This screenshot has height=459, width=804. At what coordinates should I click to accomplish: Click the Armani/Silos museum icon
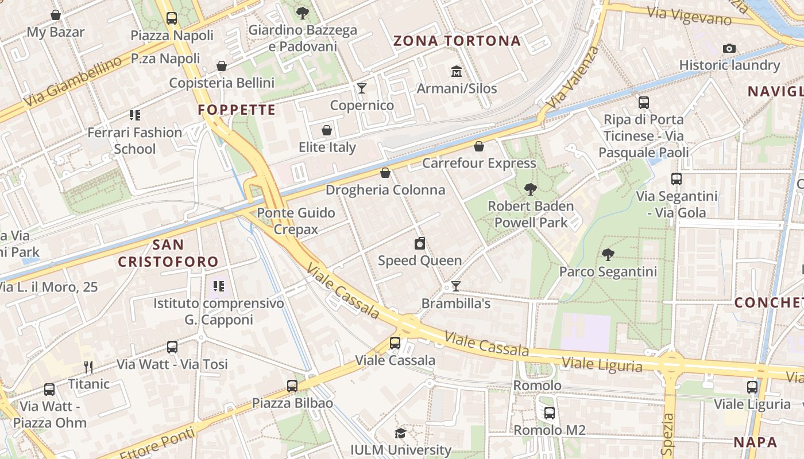tap(457, 72)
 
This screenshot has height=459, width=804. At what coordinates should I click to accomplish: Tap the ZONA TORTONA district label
tap(457, 41)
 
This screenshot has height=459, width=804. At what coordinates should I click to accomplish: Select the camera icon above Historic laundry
tap(729, 49)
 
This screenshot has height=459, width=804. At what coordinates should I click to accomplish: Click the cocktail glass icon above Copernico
tap(362, 88)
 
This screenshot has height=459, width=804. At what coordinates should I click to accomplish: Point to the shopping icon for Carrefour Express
tap(479, 147)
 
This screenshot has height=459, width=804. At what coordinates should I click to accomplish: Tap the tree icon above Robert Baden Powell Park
tap(531, 189)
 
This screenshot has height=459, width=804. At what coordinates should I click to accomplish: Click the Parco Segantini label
tap(608, 271)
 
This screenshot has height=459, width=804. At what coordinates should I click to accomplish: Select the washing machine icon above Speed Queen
tap(420, 244)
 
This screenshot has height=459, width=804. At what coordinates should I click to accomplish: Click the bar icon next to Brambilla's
tap(456, 286)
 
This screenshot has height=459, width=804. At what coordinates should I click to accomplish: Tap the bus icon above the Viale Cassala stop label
tap(395, 343)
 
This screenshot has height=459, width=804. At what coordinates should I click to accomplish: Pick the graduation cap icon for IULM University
tap(400, 434)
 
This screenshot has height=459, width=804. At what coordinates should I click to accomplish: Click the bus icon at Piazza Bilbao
tap(292, 386)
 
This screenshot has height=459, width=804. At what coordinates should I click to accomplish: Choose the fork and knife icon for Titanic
tap(88, 367)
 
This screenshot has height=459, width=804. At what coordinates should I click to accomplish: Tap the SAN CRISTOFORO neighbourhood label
tap(168, 253)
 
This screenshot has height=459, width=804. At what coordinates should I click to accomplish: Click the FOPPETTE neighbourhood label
tap(237, 110)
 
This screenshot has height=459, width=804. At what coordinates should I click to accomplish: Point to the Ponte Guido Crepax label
tap(296, 221)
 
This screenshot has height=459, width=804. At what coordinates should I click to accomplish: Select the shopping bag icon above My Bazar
tap(56, 15)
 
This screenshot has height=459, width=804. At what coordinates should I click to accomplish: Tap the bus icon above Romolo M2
tap(550, 413)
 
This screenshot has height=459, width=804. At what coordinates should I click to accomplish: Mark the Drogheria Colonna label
tap(385, 190)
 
